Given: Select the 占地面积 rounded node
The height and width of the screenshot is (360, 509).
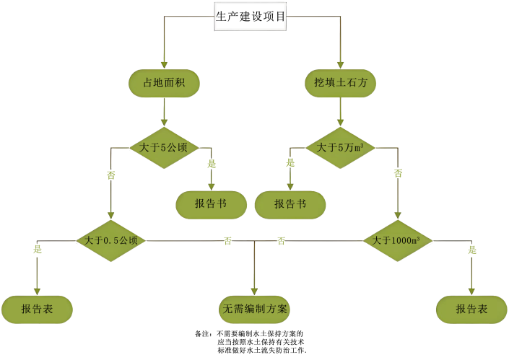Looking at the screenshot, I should (164, 83).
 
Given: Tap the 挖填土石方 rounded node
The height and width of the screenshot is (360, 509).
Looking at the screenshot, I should (340, 83).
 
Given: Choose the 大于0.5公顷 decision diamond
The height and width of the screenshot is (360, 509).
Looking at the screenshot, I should (111, 240).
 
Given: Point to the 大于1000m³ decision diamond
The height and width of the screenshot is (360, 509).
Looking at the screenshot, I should (396, 240).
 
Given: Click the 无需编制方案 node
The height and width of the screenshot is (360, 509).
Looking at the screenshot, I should (255, 309).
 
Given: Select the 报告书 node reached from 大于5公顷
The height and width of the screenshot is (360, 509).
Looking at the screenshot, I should (211, 204).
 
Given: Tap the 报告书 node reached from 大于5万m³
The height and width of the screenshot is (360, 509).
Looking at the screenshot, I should (290, 204).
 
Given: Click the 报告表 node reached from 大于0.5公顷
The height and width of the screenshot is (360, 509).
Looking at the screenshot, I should (37, 309).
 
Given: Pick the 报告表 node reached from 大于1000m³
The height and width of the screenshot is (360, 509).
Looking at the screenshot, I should (471, 309).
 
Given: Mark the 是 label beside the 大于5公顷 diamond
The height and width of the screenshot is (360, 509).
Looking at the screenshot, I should (212, 164).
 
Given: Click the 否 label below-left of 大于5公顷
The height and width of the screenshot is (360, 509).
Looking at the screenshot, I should (111, 174).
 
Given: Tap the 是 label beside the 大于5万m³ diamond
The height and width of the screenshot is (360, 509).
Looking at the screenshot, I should (290, 163).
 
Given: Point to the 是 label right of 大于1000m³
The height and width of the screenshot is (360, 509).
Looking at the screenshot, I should (472, 250).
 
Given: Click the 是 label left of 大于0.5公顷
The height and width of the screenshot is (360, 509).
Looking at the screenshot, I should (38, 250).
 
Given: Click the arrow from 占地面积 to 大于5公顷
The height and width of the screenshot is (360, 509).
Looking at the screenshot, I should (165, 112).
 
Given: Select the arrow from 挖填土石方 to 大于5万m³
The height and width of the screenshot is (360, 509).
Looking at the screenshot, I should (340, 112).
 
